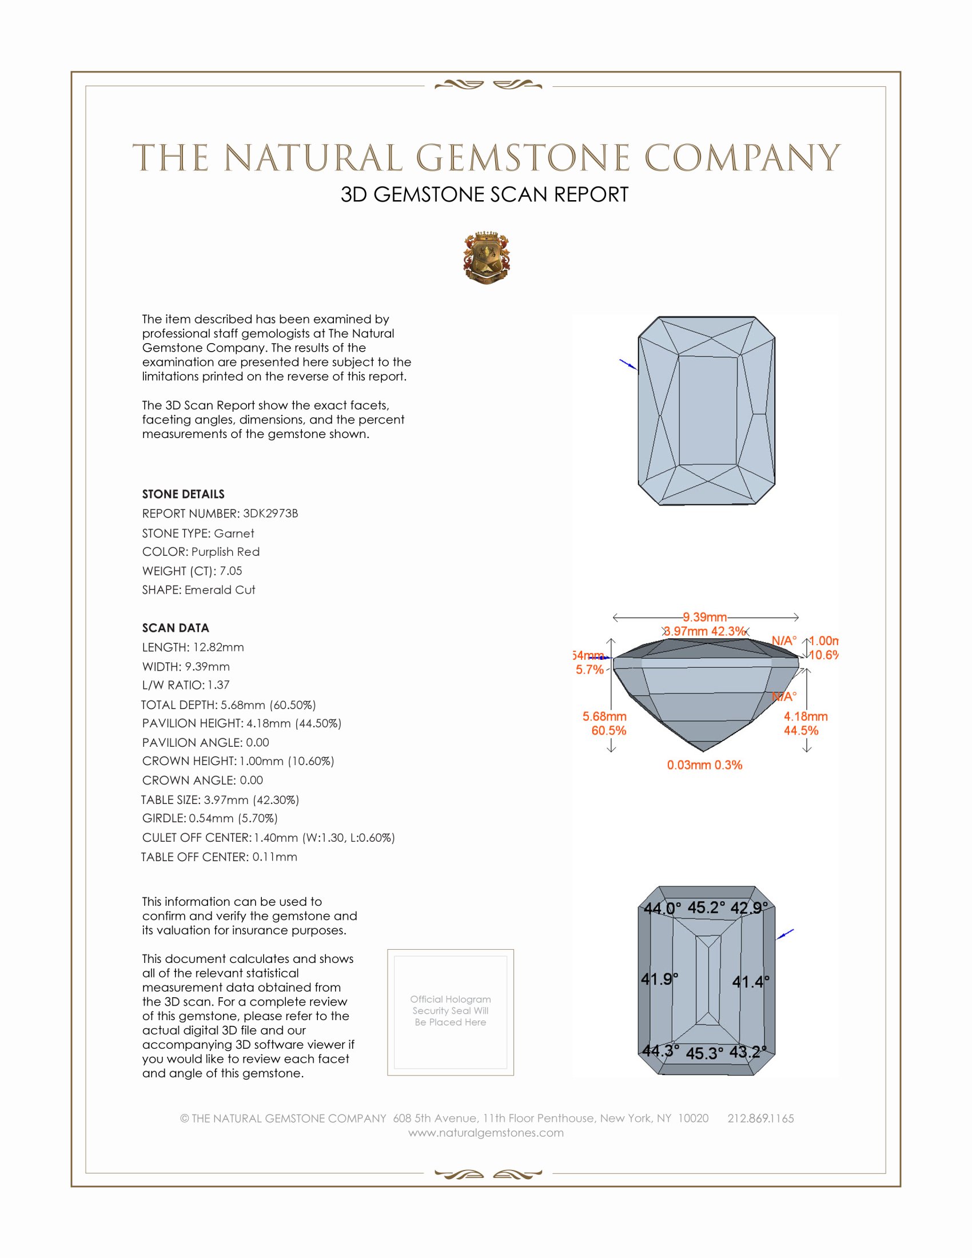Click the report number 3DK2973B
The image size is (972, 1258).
270,513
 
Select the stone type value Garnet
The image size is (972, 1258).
234,534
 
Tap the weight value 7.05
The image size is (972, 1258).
231,571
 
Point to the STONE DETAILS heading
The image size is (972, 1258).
183,494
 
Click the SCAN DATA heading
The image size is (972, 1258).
176,628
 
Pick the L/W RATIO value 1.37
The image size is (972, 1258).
219,685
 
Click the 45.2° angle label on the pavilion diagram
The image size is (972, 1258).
706,908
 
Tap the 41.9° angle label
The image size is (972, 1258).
659,978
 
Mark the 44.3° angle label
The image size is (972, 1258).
660,1050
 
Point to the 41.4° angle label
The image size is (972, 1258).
750,981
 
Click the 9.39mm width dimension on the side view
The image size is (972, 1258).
705,618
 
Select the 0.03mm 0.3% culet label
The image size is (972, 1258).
704,765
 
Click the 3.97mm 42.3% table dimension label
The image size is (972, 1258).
705,631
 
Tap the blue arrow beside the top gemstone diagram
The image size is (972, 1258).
628,364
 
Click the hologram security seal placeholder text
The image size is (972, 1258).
451,1010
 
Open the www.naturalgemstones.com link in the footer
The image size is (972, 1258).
486,1132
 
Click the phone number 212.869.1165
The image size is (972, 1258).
760,1118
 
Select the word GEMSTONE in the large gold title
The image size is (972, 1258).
523,158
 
